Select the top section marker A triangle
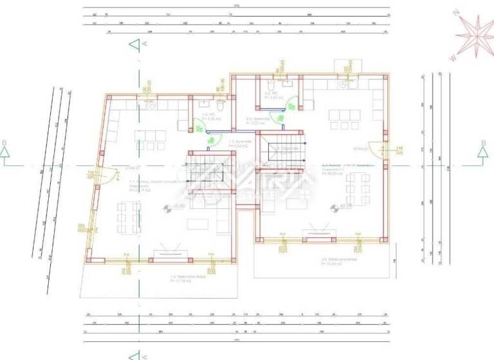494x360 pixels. (133, 44)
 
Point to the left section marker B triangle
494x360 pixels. (6, 152)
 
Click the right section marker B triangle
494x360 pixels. (482, 152)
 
